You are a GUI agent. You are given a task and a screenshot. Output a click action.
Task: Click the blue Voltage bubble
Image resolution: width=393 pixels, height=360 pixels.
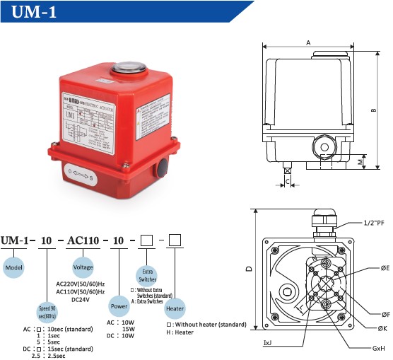click(84, 268)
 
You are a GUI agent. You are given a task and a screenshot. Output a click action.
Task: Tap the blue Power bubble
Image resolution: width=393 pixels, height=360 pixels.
click(119, 306)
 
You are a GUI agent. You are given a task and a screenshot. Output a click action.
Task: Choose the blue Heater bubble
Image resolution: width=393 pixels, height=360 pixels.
click(175, 309)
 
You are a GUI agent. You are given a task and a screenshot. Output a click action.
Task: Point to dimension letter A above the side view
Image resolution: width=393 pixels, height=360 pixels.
click(308, 42)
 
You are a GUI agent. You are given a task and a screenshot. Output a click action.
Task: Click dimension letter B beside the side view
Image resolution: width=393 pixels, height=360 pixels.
click(373, 110)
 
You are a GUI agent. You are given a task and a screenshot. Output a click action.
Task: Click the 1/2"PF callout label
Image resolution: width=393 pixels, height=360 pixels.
click(375, 221)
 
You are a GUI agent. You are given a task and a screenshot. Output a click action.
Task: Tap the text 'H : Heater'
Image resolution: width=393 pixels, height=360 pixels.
click(180, 332)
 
